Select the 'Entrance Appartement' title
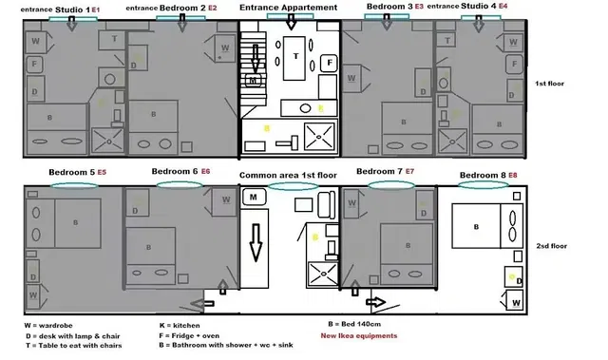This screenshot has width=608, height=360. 288,8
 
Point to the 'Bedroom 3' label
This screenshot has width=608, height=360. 389,7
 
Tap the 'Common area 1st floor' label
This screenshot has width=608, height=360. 288,176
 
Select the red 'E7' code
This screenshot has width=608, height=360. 409,171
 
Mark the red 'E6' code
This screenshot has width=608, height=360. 205,172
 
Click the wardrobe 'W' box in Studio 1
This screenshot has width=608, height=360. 35,42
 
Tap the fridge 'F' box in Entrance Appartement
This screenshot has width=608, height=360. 329,63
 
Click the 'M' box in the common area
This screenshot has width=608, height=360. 255,197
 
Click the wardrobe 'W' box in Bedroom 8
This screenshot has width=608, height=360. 515,302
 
